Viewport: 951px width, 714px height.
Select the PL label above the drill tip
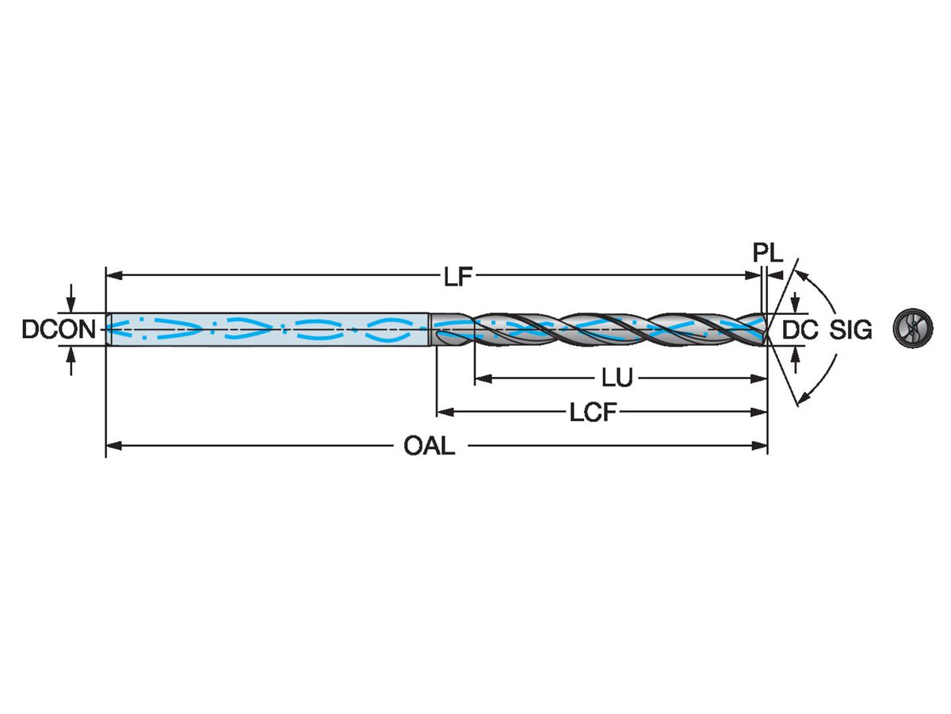coord(767,253)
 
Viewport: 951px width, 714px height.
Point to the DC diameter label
coord(800,330)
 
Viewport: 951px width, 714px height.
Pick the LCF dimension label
coord(594,413)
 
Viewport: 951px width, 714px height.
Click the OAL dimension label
coord(430,446)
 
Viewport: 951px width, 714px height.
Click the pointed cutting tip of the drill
coord(767,329)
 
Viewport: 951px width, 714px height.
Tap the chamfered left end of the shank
coord(109,329)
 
